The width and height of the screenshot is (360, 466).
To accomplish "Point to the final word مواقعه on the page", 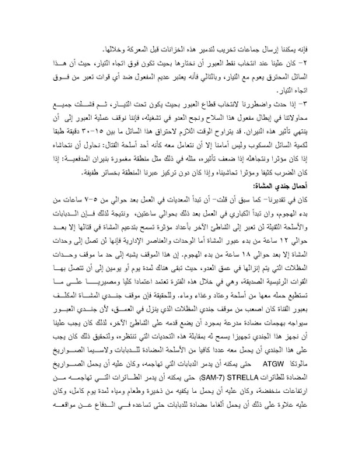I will click(x=54, y=429).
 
